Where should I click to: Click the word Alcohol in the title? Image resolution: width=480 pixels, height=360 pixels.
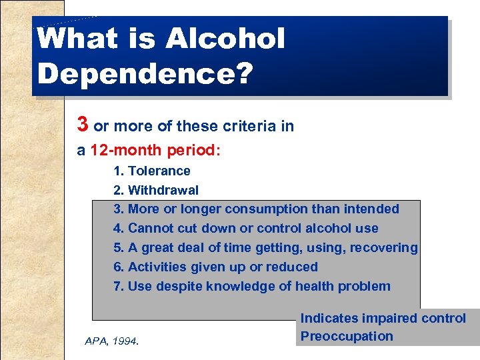[225, 39]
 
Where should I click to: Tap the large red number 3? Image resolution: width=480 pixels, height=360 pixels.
[83, 124]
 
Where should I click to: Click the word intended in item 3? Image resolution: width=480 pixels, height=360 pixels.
[371, 209]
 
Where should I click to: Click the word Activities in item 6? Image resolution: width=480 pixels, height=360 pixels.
[159, 267]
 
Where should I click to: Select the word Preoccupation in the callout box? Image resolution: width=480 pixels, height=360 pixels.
[347, 336]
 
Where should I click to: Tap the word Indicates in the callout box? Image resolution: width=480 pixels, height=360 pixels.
[329, 319]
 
